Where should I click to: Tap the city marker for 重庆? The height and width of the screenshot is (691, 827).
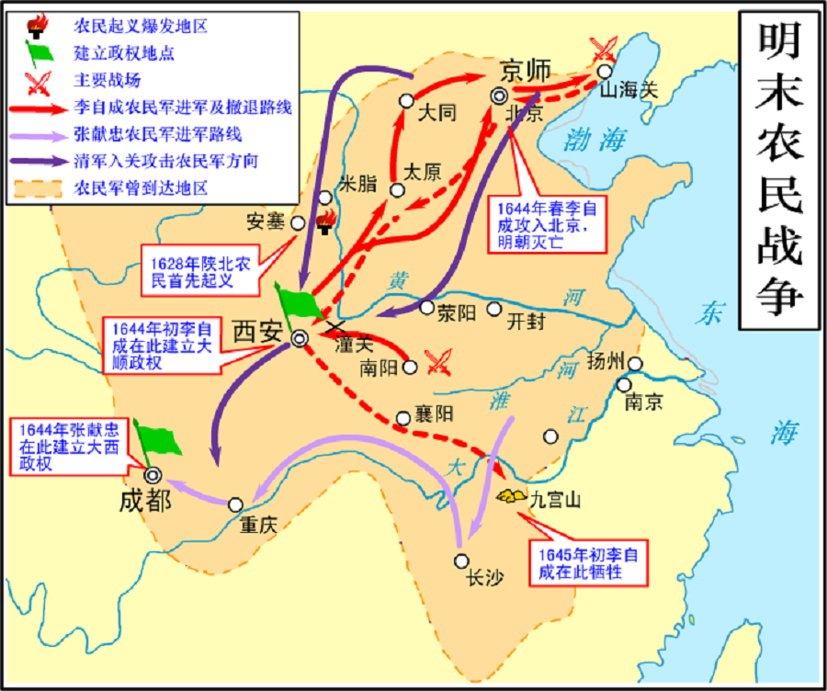(236, 504)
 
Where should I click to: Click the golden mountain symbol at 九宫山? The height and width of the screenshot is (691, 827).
(506, 496)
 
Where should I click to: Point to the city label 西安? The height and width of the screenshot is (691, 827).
(258, 331)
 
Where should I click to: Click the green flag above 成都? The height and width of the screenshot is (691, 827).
(155, 439)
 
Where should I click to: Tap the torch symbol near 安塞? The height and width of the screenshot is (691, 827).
(325, 221)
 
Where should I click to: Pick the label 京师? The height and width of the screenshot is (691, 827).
(525, 70)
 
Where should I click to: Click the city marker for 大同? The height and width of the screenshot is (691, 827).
(407, 101)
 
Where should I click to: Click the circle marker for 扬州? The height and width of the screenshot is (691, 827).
(635, 364)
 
